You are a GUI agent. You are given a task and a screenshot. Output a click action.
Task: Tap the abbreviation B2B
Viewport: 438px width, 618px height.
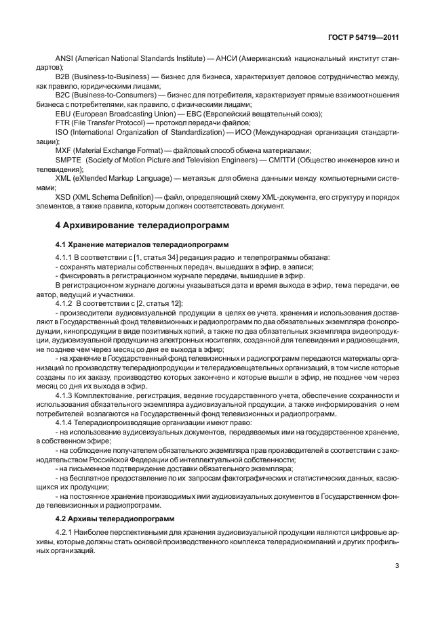coord(64,77)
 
